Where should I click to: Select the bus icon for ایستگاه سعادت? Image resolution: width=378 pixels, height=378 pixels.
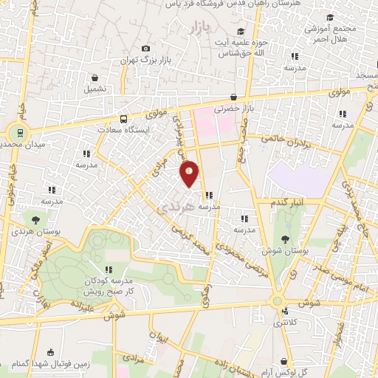pos(123,118)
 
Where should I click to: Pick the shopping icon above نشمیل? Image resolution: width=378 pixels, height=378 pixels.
pos(95,78)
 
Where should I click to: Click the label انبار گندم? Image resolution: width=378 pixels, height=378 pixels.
pos(288,202)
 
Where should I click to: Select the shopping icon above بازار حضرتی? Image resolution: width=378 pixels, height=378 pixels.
pos(233,97)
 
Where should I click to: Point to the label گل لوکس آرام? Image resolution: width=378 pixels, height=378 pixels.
pos(309,365)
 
